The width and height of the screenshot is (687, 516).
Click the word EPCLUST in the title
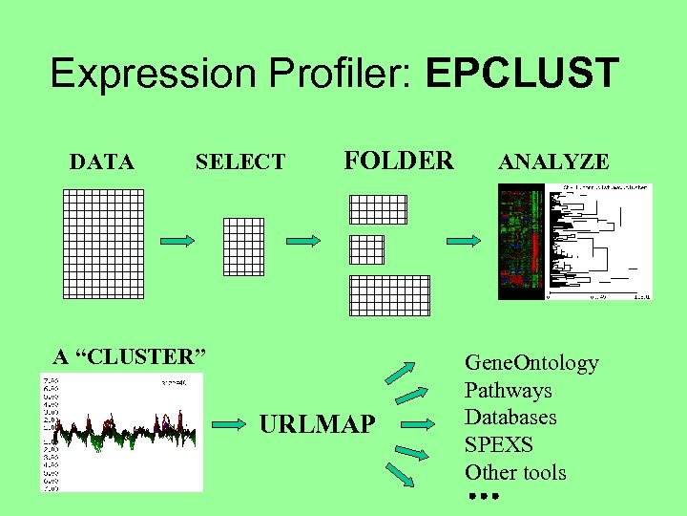524,74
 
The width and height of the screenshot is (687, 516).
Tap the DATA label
102,162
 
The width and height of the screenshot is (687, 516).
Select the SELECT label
239,162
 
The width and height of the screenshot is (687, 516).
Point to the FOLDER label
399,160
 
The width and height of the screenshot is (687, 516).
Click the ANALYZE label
553,162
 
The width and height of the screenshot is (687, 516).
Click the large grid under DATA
103,243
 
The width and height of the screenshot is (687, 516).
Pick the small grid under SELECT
242,246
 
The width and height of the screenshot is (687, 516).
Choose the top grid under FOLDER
378,209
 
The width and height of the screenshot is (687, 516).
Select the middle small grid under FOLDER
366,249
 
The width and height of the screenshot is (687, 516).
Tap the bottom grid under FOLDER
389,294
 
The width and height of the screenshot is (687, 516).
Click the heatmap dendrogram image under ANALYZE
574,242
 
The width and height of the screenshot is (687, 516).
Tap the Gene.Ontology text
531,363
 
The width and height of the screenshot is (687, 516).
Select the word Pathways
508,391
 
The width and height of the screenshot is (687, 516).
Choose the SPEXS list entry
498,445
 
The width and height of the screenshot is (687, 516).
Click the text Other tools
515,472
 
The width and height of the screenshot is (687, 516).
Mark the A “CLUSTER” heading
129,357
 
